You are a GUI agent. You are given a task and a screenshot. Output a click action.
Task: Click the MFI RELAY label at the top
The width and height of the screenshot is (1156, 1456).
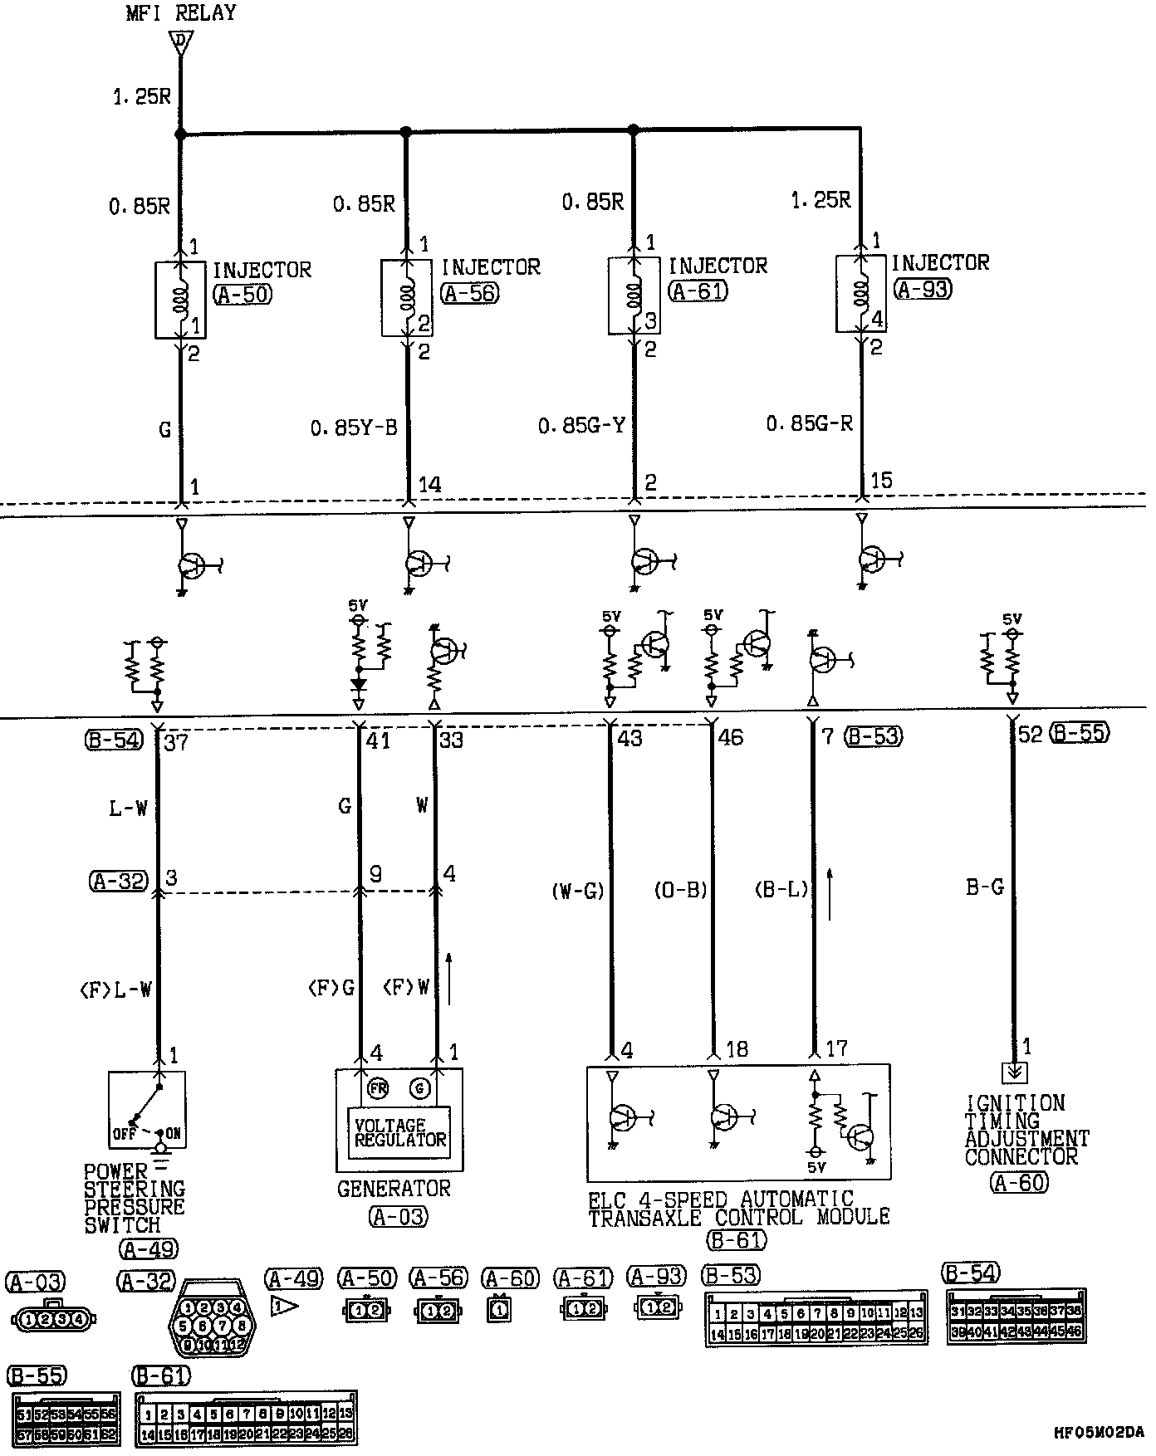point(180,12)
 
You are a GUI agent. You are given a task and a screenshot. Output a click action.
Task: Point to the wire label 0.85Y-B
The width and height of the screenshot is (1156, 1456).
point(354,428)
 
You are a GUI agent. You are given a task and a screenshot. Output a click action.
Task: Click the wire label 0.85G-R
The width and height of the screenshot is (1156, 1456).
point(809,424)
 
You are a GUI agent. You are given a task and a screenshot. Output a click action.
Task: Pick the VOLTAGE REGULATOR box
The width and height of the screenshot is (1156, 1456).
point(399,1132)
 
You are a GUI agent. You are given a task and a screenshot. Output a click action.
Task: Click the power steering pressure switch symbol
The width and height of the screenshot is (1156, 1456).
point(148,1109)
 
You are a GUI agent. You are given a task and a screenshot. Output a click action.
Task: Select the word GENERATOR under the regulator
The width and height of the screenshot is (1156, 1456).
point(394,1189)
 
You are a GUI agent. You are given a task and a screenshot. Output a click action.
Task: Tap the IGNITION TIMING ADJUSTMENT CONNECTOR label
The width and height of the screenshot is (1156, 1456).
point(1026,1130)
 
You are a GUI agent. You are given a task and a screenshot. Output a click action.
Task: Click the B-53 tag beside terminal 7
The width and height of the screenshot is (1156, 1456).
point(874,736)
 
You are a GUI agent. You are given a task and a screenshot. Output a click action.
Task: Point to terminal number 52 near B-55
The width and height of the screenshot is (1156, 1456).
point(1030,735)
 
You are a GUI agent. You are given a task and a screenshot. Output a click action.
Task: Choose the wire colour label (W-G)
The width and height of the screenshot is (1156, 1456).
point(578,891)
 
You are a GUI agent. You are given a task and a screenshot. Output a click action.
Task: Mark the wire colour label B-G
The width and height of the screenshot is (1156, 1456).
point(985,887)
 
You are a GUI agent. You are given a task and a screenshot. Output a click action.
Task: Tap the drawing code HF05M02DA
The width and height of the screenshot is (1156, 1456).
point(1098,1432)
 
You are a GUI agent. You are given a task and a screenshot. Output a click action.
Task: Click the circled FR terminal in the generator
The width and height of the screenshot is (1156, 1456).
point(379,1088)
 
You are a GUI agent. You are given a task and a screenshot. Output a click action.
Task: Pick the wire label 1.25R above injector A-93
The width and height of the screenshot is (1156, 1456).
point(820,200)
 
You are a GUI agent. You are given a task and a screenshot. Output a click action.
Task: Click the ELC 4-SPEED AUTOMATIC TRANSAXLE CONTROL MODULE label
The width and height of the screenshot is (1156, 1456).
point(738,1209)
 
